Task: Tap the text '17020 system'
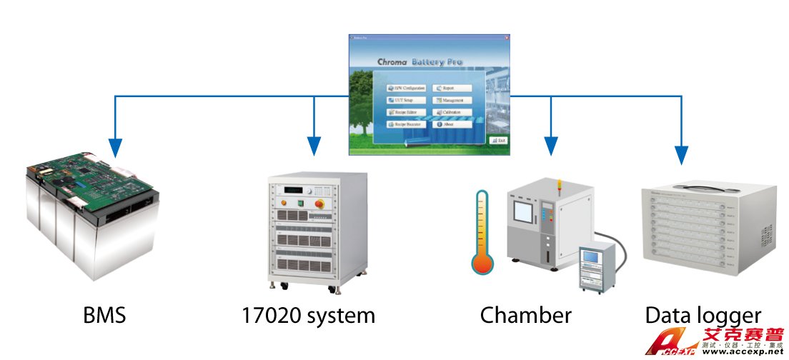click(307, 315)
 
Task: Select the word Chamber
click(526, 315)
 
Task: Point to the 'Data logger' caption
click(703, 315)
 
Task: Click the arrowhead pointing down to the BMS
click(114, 148)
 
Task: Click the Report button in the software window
click(453, 89)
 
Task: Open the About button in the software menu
click(453, 124)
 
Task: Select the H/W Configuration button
click(406, 89)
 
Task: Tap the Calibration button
click(453, 112)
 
